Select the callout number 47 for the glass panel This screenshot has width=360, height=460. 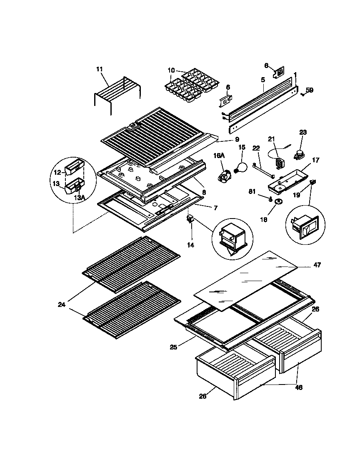[x=317, y=264]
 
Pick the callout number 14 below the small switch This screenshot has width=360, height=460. [x=190, y=245]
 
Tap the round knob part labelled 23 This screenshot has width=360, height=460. [x=299, y=155]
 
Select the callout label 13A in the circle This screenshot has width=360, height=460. [x=78, y=198]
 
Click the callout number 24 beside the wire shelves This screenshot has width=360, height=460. [x=62, y=305]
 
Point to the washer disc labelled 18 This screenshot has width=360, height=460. [x=277, y=202]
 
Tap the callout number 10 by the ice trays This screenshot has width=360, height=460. [x=171, y=70]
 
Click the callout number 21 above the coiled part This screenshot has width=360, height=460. [x=272, y=139]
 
